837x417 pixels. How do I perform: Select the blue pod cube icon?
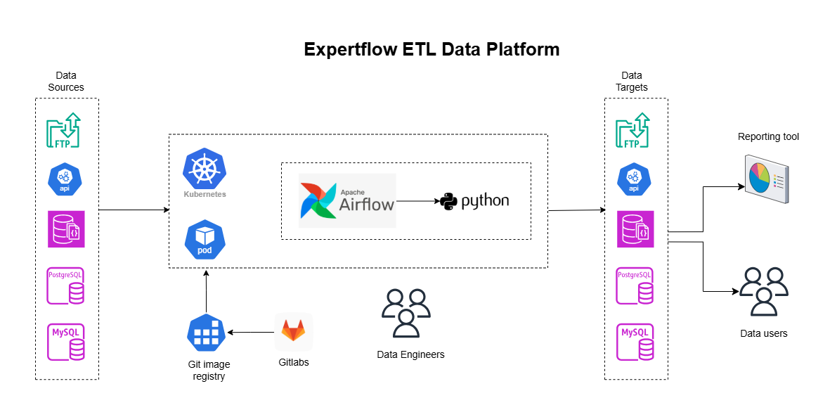[205, 239]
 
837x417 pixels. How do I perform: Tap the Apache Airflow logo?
[347, 200]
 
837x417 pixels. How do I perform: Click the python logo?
[475, 201]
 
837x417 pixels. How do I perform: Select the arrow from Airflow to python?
[417, 201]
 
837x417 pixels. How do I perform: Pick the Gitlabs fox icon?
[293, 331]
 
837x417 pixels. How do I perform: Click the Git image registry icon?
[205, 332]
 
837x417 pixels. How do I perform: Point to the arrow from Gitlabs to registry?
[250, 332]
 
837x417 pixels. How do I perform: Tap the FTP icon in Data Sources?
[63, 131]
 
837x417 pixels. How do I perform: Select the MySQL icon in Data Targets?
[635, 342]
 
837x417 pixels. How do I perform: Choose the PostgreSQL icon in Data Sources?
[65, 286]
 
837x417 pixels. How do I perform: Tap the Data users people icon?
[763, 291]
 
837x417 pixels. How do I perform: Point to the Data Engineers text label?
[410, 354]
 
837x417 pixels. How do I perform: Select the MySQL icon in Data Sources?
[65, 342]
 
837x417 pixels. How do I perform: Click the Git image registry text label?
[209, 370]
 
